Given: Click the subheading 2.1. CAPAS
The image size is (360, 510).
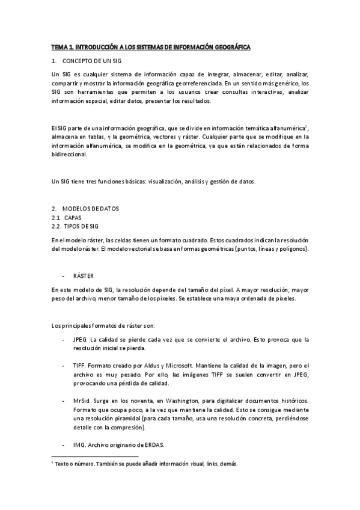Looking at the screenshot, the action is click(x=67, y=217).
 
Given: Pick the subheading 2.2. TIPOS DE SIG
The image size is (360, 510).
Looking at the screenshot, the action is click(x=75, y=226).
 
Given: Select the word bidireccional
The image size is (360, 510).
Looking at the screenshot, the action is click(x=70, y=154).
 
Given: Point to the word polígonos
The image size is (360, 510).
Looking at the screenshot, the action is click(x=293, y=248).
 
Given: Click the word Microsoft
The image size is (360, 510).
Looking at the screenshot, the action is click(x=188, y=366).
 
